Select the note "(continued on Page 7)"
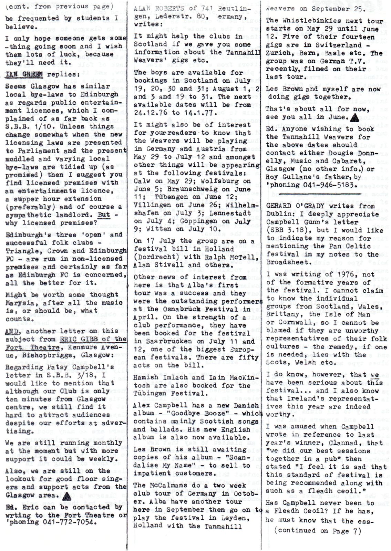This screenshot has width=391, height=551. point(317,531)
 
